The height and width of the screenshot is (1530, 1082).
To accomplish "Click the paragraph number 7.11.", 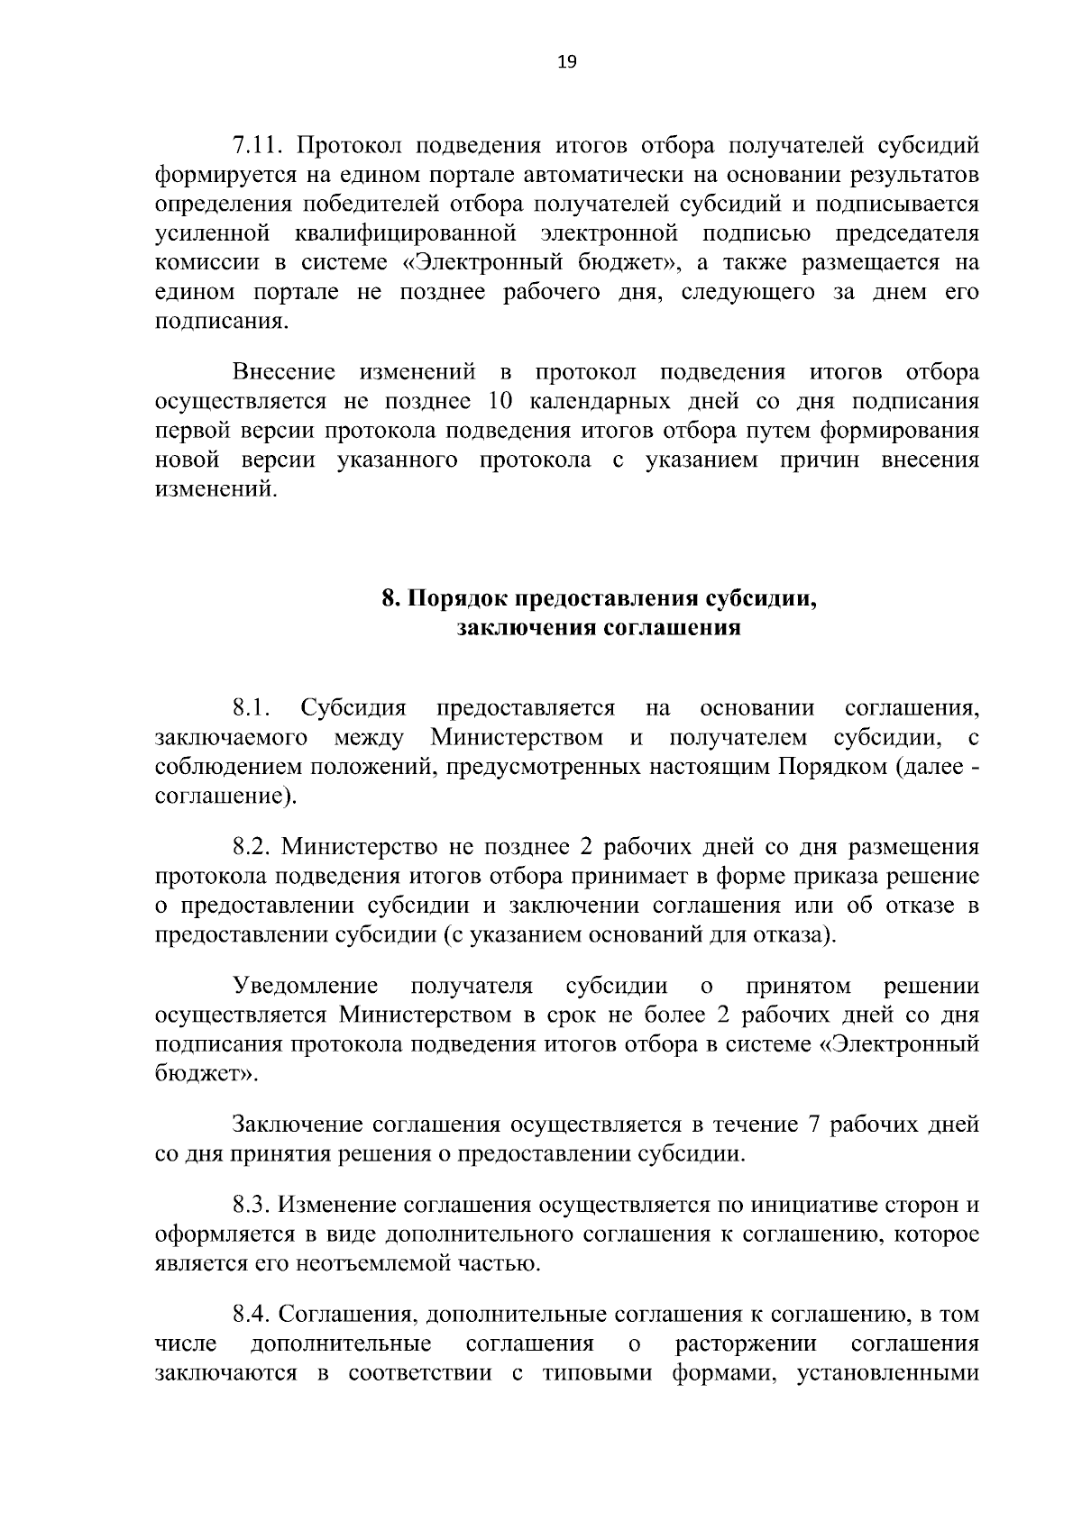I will [259, 145].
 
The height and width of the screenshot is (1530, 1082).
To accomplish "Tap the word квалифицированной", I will [405, 233].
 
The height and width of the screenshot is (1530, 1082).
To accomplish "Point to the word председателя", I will [906, 233].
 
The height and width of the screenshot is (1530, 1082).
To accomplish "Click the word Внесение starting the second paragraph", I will [284, 372].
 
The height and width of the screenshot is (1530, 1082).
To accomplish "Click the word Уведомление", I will [304, 986].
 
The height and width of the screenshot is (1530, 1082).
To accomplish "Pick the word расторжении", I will [747, 1344].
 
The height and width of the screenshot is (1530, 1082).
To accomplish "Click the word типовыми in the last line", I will [596, 1374].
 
